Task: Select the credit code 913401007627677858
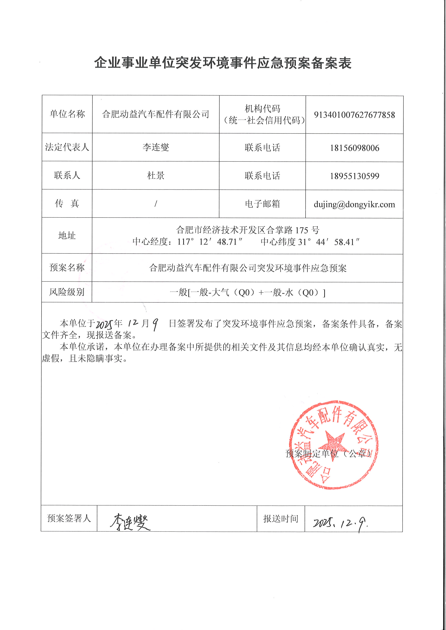(354, 115)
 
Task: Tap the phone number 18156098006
(354, 148)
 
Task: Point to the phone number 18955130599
(354, 176)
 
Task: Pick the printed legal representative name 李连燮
(156, 147)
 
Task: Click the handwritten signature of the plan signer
(130, 522)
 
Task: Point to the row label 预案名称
(67, 267)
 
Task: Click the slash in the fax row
(156, 204)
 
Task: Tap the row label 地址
(67, 236)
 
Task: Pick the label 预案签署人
(69, 518)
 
